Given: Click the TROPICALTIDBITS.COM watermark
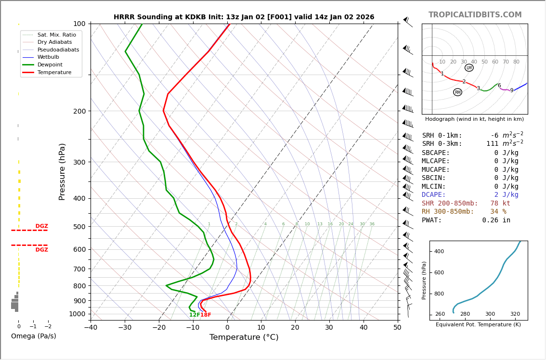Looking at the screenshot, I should coord(475,15).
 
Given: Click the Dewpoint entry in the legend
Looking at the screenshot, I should coord(50,64).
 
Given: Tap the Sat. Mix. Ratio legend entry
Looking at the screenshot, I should coord(56,35).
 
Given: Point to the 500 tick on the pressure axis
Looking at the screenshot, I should coord(79,227).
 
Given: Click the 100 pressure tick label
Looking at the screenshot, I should coord(79,24).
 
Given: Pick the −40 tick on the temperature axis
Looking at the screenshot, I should coord(91,328).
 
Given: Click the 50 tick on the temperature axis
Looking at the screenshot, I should coord(397,328).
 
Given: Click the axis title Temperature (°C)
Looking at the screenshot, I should coord(244,337).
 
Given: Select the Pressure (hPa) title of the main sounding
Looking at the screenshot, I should coord(62,171).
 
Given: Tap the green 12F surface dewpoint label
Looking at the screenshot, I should coord(195,315).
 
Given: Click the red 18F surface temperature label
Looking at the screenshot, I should coord(206,315).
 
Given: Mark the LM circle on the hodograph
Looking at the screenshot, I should coord(469,68).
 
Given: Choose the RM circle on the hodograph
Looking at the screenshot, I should coord(457,92).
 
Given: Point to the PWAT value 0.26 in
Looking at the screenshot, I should coord(496,220).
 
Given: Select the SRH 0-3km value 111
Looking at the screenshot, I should coord(492,144).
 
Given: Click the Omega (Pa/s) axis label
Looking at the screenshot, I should coord(33,336).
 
